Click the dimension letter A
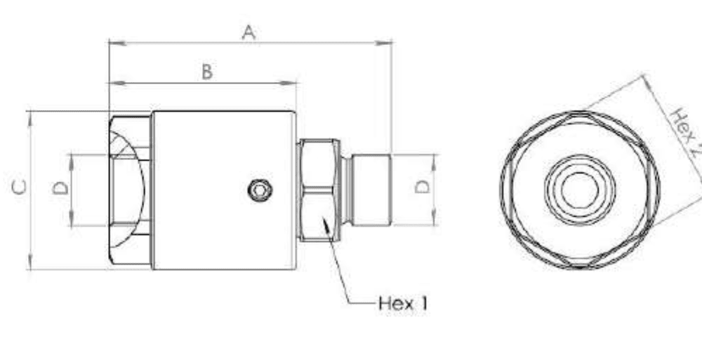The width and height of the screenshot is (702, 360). [x=249, y=32]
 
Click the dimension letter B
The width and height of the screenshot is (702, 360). [x=207, y=72]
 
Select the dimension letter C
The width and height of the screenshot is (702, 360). [x=20, y=187]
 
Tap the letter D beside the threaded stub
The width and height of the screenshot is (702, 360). [x=422, y=187]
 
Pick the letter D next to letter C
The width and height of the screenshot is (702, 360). [x=61, y=187]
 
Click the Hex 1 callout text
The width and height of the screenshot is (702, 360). [x=403, y=304]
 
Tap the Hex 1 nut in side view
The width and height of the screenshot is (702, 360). [x=318, y=190]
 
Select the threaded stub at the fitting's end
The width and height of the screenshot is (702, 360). [x=371, y=190]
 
